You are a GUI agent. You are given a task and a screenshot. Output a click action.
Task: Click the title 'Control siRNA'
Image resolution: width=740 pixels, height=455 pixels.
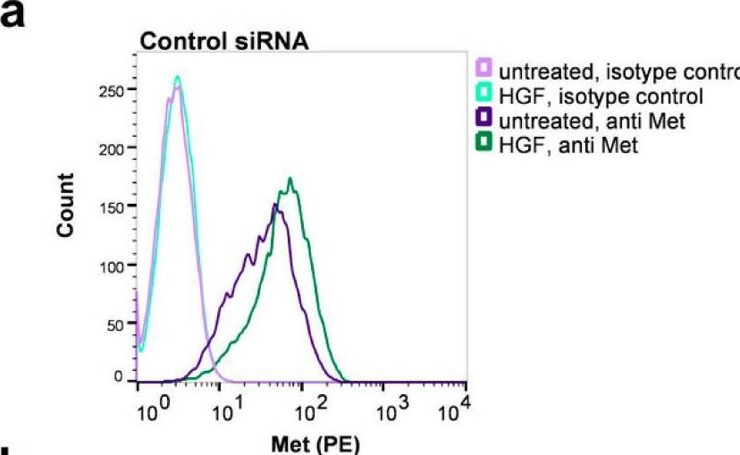tap(223, 44)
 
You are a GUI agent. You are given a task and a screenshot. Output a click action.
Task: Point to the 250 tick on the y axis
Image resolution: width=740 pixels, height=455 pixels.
tap(115, 90)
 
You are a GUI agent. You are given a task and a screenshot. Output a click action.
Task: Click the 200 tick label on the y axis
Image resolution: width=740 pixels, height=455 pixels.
tap(115, 148)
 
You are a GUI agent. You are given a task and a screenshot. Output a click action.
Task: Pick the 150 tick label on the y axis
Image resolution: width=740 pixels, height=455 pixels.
tap(115, 206)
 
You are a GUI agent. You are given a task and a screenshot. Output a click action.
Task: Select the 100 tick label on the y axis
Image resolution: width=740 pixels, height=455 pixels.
tap(115, 265)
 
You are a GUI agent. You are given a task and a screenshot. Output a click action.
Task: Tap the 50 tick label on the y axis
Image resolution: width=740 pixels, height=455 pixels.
tap(120, 324)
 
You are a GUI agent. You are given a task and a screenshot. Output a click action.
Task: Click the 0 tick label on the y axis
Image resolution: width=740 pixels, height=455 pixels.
tap(123, 378)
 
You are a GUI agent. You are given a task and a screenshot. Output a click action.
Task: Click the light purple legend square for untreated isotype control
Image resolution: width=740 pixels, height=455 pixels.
tap(484, 68)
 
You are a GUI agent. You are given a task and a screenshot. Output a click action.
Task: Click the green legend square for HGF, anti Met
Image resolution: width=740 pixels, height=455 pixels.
tap(484, 145)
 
